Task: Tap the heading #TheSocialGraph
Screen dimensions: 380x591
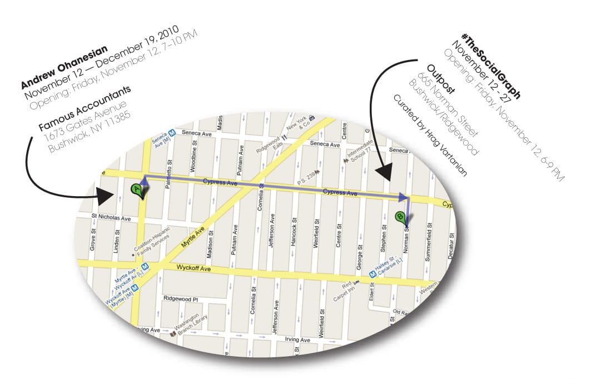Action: (485, 64)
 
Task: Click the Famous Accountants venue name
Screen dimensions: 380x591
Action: (83, 109)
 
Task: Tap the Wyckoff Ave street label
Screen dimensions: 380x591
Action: (195, 268)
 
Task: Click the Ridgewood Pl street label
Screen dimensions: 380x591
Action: (180, 298)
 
